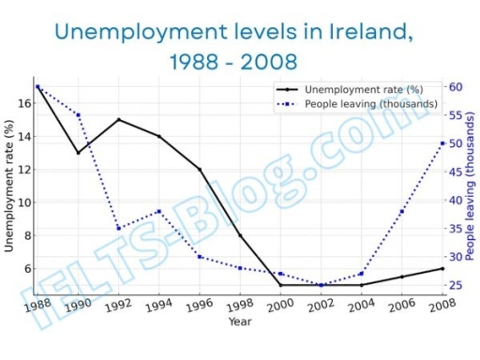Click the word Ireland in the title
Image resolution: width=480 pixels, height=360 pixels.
pyautogui.click(x=367, y=31)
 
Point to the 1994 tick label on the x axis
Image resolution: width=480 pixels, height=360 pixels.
pyautogui.click(x=158, y=305)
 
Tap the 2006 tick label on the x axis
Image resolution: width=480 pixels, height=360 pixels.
pyautogui.click(x=402, y=305)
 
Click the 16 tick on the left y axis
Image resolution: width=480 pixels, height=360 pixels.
pyautogui.click(x=23, y=103)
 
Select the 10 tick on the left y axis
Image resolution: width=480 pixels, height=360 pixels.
pyautogui.click(x=23, y=202)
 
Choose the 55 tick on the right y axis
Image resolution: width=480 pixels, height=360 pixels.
pyautogui.click(x=457, y=114)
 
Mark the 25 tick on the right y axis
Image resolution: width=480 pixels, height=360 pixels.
pyautogui.click(x=457, y=285)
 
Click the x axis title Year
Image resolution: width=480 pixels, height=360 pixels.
pyautogui.click(x=239, y=322)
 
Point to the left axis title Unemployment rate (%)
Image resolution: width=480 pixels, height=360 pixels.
pyautogui.click(x=9, y=187)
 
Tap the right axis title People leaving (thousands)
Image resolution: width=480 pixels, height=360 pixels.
pyautogui.click(x=472, y=187)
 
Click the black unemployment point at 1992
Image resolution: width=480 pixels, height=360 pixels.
pyautogui.click(x=118, y=119)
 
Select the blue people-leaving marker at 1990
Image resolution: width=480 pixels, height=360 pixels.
pyautogui.click(x=78, y=114)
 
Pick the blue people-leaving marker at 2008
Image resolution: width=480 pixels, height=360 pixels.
pyautogui.click(x=442, y=142)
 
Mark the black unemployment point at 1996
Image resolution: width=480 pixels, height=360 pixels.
pyautogui.click(x=199, y=169)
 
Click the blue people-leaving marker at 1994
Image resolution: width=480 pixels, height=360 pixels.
pyautogui.click(x=158, y=211)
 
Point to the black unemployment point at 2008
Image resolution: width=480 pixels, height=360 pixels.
pyautogui.click(x=442, y=268)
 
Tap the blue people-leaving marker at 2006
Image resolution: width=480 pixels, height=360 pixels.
pyautogui.click(x=402, y=211)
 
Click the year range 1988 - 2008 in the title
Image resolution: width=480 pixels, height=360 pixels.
pyautogui.click(x=234, y=63)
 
